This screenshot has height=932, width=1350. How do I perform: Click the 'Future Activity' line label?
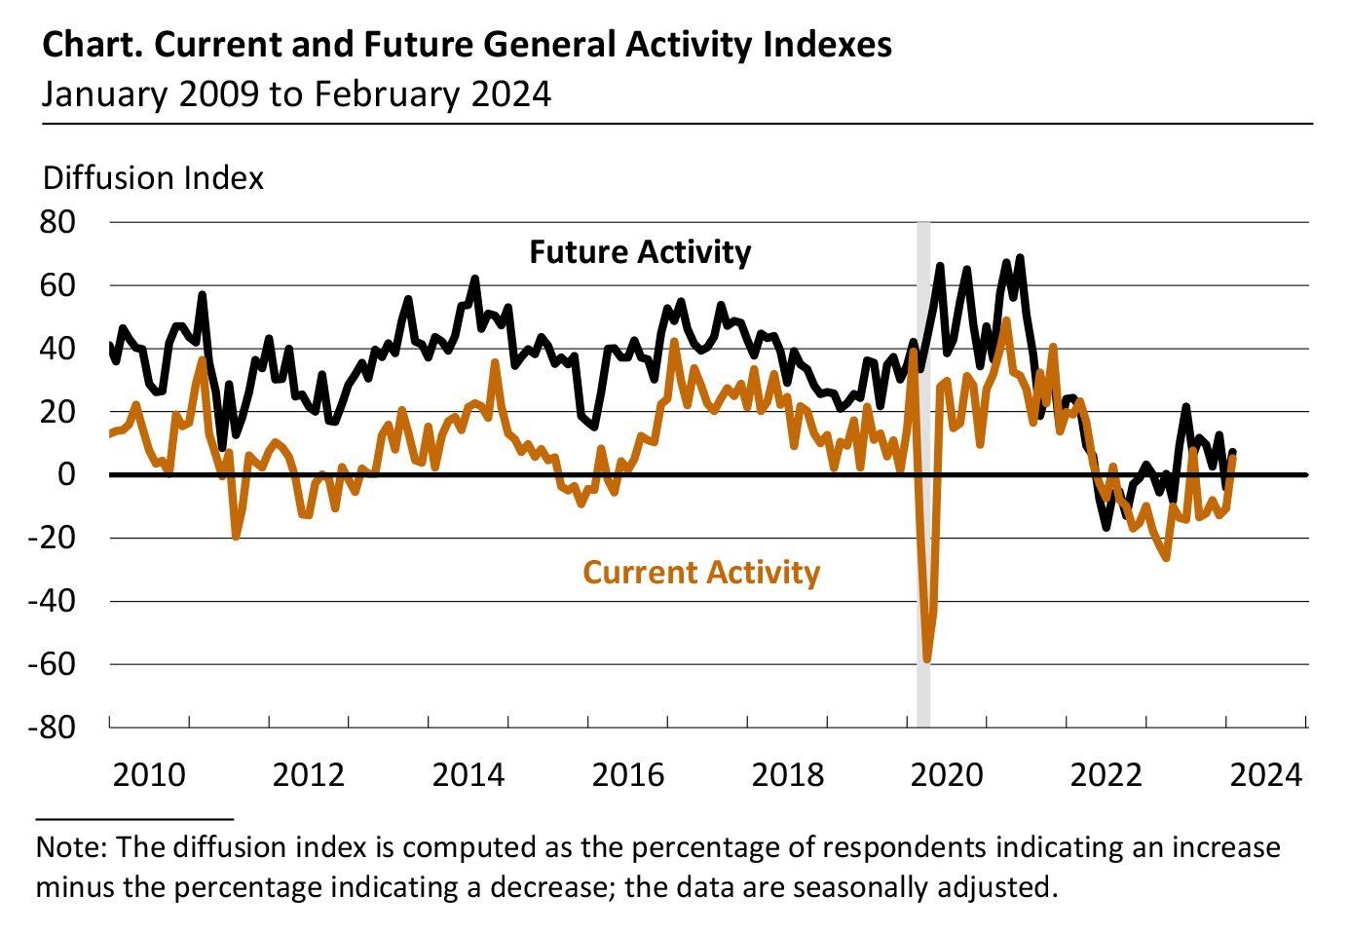(x=640, y=252)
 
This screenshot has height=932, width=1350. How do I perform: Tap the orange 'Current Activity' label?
(x=701, y=572)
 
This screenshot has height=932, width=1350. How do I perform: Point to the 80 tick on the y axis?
(x=58, y=222)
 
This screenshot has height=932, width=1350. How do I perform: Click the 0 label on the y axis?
(x=66, y=474)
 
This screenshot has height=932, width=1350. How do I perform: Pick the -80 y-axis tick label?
(x=53, y=727)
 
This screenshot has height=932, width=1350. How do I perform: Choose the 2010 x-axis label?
(x=149, y=775)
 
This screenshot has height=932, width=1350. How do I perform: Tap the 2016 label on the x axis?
(x=628, y=775)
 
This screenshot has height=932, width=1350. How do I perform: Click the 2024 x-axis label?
(x=1266, y=775)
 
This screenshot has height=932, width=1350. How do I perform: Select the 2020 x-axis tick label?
(x=948, y=775)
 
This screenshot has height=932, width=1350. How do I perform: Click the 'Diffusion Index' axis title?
(x=154, y=178)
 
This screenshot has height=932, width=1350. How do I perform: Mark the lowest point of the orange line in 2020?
(x=927, y=660)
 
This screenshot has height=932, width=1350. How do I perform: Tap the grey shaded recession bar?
(x=923, y=438)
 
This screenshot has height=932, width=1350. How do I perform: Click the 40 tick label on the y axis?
(x=58, y=349)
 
